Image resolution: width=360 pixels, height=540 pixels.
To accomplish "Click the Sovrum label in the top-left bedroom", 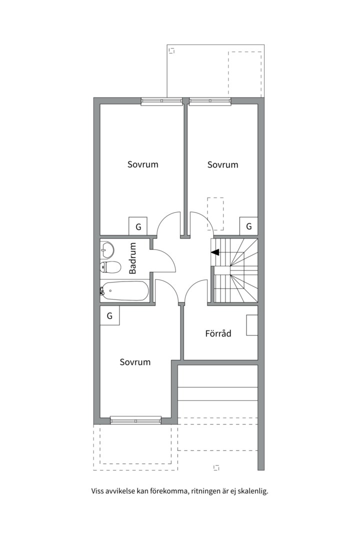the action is pyautogui.click(x=142, y=164).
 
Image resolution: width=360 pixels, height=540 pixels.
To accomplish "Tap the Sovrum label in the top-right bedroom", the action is pyautogui.click(x=222, y=164).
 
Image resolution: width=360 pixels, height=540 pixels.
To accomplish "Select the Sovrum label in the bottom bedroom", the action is pyautogui.click(x=135, y=362).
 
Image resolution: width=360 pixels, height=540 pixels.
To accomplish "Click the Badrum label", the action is pyautogui.click(x=132, y=258).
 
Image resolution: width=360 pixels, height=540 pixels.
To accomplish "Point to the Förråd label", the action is pyautogui.click(x=218, y=333).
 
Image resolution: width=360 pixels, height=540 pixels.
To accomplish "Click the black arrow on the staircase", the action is pyautogui.click(x=215, y=252).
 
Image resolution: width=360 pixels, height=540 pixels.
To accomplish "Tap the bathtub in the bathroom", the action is pyautogui.click(x=124, y=291).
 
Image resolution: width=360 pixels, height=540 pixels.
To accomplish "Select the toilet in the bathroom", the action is pyautogui.click(x=110, y=267).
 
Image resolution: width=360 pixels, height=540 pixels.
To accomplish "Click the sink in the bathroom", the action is pyautogui.click(x=107, y=249).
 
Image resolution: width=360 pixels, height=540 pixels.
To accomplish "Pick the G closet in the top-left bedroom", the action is pyautogui.click(x=138, y=226).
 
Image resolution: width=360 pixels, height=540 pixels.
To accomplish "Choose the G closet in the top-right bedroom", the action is pyautogui.click(x=248, y=226).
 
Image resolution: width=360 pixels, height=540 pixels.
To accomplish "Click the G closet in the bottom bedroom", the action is pyautogui.click(x=109, y=315).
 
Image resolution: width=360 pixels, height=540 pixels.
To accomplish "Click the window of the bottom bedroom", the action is pyautogui.click(x=135, y=421).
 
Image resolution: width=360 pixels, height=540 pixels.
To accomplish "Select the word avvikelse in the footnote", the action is pyautogui.click(x=120, y=491).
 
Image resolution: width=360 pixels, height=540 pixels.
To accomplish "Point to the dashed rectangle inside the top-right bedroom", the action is pyautogui.click(x=215, y=214).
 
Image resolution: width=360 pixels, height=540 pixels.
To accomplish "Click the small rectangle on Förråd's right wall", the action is pyautogui.click(x=252, y=325).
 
